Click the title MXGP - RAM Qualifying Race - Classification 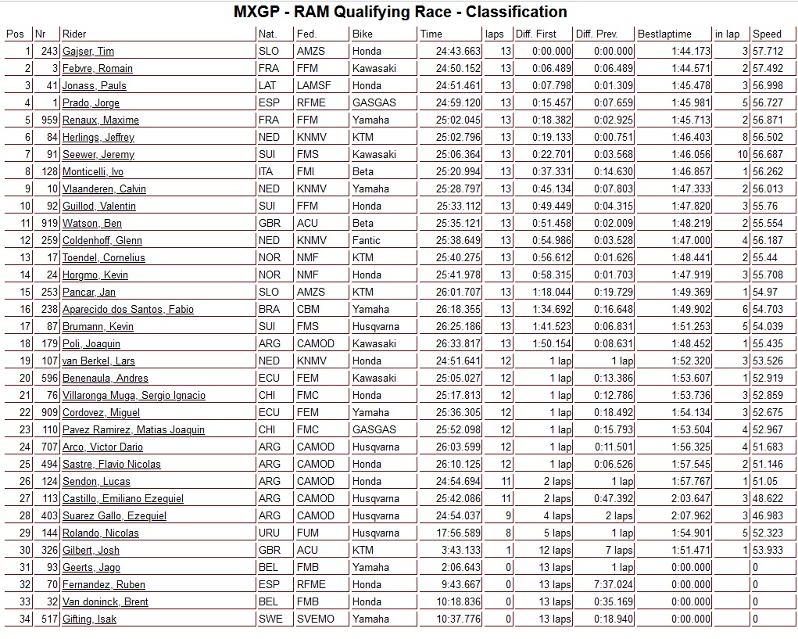(x=400, y=12)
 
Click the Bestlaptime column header (x=664, y=34)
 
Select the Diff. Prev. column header (x=596, y=34)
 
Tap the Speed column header (x=767, y=34)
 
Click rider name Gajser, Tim (x=88, y=52)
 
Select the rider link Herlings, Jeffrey (x=93, y=138)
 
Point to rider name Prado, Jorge (x=91, y=103)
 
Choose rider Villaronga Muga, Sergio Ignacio (x=134, y=396)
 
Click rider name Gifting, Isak (x=89, y=619)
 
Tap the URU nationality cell (x=268, y=533)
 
